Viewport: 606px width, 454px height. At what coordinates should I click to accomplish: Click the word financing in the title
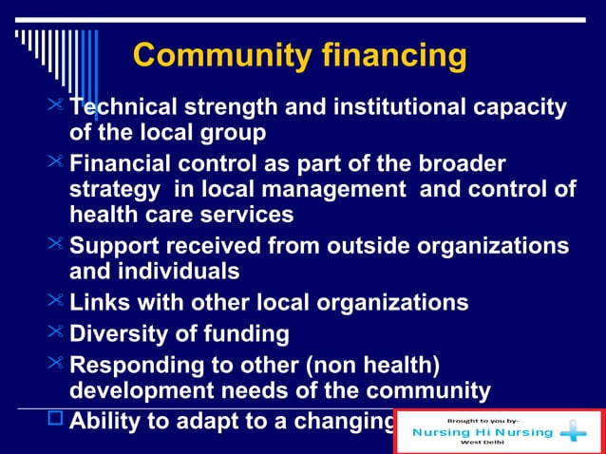(x=394, y=56)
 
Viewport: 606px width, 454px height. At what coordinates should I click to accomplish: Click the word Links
(x=100, y=303)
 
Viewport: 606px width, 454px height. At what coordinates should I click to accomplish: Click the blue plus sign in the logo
(x=573, y=432)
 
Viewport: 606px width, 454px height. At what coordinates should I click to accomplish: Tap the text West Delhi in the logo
(x=483, y=444)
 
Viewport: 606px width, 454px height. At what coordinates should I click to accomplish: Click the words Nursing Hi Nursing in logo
(x=483, y=432)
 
